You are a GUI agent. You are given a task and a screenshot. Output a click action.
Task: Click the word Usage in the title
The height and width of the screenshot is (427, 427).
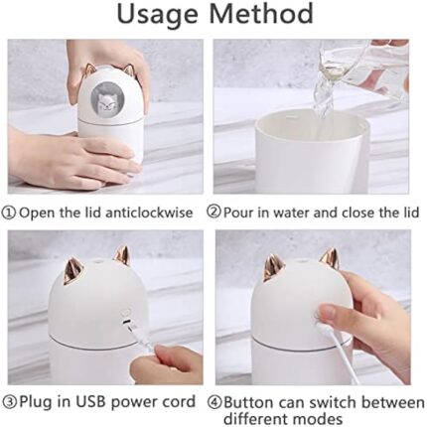pyautogui.click(x=158, y=15)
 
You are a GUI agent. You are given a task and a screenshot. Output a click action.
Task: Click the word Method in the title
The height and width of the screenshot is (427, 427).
pyautogui.click(x=261, y=13)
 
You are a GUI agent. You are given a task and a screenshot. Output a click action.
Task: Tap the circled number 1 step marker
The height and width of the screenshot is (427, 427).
pyautogui.click(x=9, y=213)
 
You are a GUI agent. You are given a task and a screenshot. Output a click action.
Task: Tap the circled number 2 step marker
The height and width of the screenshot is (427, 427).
pyautogui.click(x=213, y=212)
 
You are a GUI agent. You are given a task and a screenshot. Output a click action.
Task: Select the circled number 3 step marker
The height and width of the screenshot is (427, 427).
pyautogui.click(x=10, y=402)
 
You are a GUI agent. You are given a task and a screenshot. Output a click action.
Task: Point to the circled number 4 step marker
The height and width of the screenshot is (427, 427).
pyautogui.click(x=214, y=403)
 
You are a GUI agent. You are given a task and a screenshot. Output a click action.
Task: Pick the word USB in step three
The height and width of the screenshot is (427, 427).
pyautogui.click(x=91, y=402)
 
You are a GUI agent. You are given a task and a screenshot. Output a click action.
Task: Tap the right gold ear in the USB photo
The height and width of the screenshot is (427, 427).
pyautogui.click(x=121, y=255)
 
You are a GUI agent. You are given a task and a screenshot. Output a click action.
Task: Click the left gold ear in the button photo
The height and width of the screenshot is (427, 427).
pyautogui.click(x=274, y=267)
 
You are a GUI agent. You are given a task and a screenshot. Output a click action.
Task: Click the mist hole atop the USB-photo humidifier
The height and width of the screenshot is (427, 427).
pyautogui.click(x=99, y=261)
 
